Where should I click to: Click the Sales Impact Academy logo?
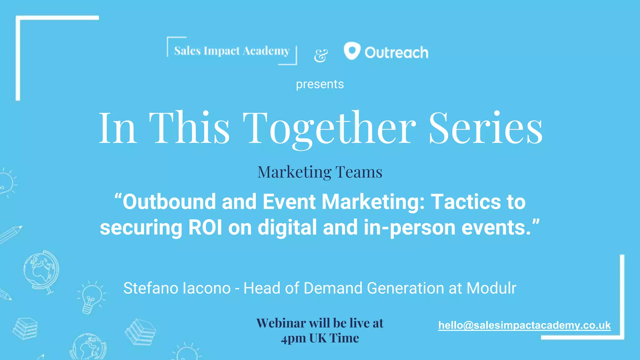click(x=232, y=51)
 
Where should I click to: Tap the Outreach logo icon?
click(x=352, y=51)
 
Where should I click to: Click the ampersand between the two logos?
click(x=321, y=56)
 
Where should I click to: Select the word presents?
click(x=320, y=84)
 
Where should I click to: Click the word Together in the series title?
click(x=329, y=128)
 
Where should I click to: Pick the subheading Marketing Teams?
click(x=320, y=172)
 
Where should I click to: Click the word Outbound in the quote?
click(x=169, y=202)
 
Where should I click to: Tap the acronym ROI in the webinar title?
click(x=205, y=227)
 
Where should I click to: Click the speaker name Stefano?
click(x=151, y=288)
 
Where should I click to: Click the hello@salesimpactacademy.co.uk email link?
click(x=524, y=325)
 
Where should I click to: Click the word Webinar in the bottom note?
click(x=281, y=323)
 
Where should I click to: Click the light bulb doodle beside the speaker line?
click(x=90, y=297)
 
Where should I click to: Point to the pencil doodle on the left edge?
click(x=11, y=234)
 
